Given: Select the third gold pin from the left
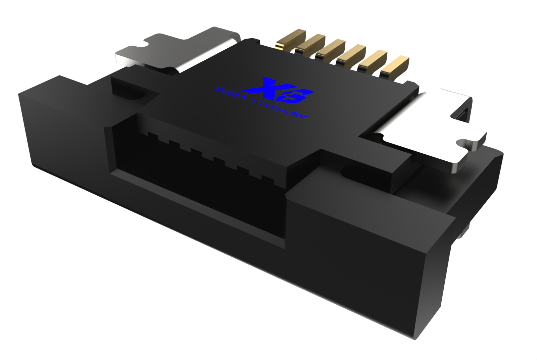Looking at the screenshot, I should (332, 49).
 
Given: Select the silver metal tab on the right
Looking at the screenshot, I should (433, 127).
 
